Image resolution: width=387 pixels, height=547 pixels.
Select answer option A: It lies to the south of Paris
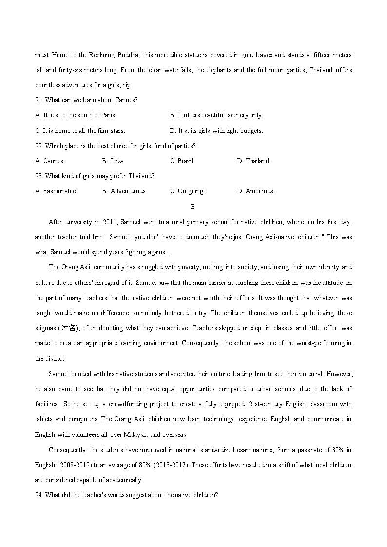pyautogui.click(x=76, y=115)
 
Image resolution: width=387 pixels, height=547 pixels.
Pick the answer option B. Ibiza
pyautogui.click(x=114, y=161)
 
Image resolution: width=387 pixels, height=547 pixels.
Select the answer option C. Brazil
pyautogui.click(x=182, y=161)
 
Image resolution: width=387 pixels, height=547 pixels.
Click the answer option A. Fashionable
pyautogui.click(x=56, y=191)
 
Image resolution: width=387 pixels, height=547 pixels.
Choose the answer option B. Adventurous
pyautogui.click(x=124, y=191)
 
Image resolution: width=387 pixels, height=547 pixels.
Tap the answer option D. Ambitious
pyautogui.click(x=256, y=191)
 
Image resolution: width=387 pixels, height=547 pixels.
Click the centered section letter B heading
pyautogui.click(x=193, y=207)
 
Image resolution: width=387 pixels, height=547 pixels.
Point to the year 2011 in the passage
pyautogui.click(x=109, y=222)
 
